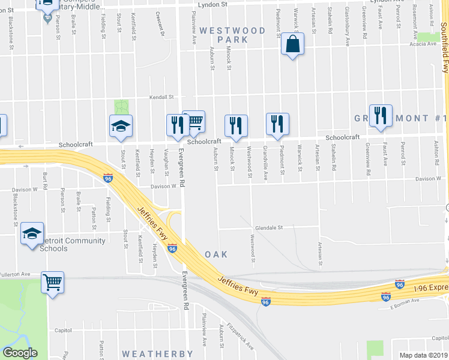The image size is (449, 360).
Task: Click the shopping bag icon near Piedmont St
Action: (292, 44)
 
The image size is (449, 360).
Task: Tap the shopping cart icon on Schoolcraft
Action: (194, 122)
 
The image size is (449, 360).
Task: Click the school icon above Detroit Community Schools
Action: (32, 233)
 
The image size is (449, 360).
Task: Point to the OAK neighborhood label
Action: (216, 254)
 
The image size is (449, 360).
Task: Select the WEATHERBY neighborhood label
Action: (157, 354)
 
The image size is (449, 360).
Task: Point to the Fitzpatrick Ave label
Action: (245, 338)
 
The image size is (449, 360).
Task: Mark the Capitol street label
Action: (63, 330)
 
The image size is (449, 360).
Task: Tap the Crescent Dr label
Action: (160, 24)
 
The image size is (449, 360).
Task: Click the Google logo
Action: (20, 353)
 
